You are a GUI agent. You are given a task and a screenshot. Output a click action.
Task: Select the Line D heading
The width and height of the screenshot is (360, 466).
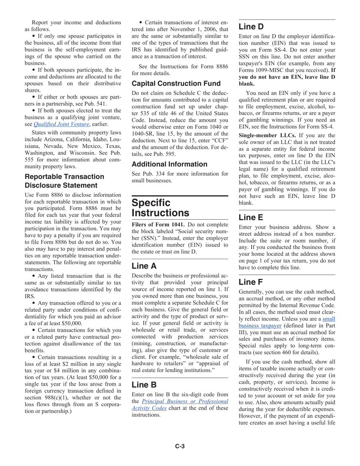coord(251,27)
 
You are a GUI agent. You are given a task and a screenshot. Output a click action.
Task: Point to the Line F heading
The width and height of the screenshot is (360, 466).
coord(250,282)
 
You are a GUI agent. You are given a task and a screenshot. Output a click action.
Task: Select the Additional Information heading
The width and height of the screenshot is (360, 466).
coord(169,164)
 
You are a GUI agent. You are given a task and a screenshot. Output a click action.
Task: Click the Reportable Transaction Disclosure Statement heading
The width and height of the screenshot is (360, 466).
coord(64,181)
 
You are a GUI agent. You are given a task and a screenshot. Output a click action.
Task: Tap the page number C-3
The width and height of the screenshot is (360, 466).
coord(180,446)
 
